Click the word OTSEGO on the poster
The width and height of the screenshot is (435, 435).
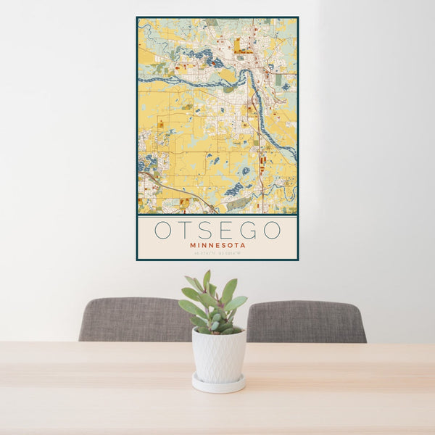217,231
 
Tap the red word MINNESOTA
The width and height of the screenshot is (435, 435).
217,246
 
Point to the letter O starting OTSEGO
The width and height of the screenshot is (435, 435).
163,231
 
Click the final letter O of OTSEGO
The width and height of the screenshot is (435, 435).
272,231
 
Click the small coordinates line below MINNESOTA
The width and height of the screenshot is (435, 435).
217,254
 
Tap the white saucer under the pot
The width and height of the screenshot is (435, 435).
218,385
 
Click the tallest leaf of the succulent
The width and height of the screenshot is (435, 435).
207,278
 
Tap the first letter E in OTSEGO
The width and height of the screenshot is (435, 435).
226,231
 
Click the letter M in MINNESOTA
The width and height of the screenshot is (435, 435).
193,246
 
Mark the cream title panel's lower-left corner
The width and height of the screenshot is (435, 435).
138,258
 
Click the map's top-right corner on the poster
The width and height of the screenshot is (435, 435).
297,19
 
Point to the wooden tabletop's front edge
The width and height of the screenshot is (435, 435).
217,432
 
